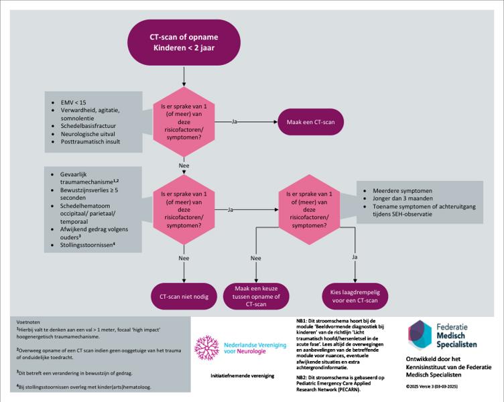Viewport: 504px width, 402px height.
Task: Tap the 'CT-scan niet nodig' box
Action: coord(183,295)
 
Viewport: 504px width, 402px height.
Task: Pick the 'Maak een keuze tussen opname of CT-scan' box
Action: coord(255,295)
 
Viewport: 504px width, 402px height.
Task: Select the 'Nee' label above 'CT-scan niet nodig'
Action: coord(183,257)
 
